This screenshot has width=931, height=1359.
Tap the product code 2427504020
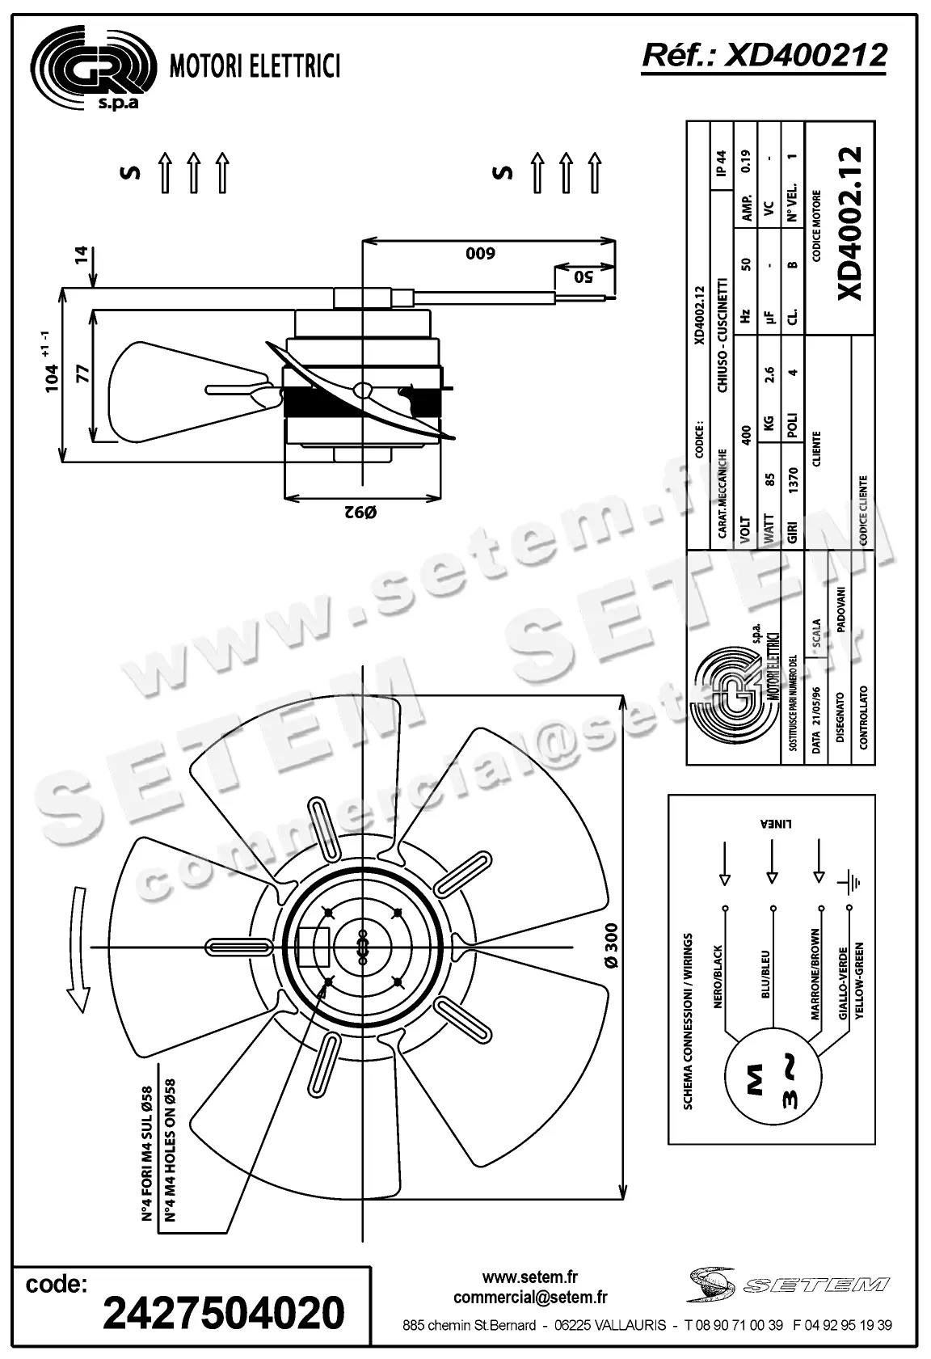(224, 1311)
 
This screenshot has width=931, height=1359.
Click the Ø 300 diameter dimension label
(611, 946)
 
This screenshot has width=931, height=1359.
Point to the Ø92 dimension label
(360, 512)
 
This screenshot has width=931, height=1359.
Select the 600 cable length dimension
(479, 254)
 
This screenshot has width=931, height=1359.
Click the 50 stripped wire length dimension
(583, 276)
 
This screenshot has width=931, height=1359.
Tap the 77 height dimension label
(82, 374)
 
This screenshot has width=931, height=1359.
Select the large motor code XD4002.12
(849, 223)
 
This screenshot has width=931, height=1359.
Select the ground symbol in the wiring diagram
(849, 882)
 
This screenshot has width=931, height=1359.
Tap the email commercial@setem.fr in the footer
(530, 1298)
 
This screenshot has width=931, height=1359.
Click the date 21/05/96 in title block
(816, 720)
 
